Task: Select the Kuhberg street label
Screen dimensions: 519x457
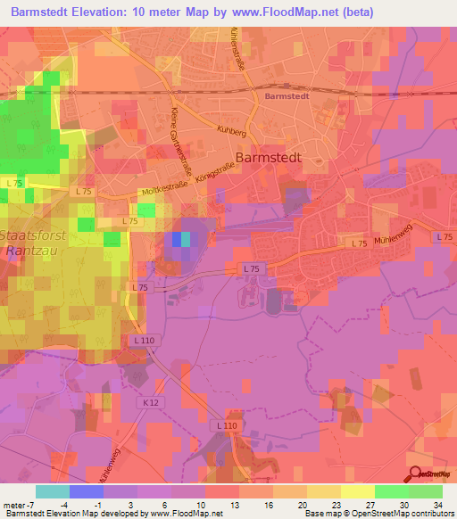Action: (230, 130)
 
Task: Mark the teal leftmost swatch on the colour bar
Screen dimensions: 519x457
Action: (53, 490)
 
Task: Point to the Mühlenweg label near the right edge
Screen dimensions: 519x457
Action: (393, 240)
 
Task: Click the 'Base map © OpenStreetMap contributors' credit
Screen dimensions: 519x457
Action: (378, 514)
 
